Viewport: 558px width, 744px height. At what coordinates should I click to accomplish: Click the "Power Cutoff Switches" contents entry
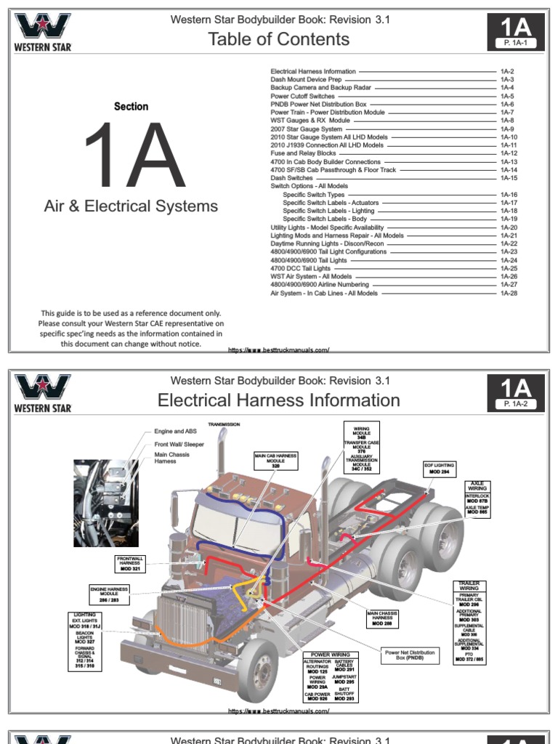(302, 96)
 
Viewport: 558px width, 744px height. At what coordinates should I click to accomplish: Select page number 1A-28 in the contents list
(508, 294)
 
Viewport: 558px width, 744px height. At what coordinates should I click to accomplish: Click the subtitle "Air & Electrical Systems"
(131, 206)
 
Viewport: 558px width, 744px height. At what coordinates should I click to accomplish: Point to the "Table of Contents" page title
(279, 39)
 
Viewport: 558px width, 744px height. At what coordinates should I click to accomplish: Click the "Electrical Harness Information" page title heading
(279, 400)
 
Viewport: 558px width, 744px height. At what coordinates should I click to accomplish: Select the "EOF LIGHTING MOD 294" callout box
(439, 468)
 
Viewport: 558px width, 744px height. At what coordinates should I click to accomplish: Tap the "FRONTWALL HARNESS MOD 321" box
(131, 563)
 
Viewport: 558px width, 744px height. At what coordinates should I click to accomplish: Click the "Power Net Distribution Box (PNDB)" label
(411, 655)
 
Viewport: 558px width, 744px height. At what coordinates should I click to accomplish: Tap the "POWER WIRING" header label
(331, 655)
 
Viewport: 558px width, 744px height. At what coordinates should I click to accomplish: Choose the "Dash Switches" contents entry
(292, 178)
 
